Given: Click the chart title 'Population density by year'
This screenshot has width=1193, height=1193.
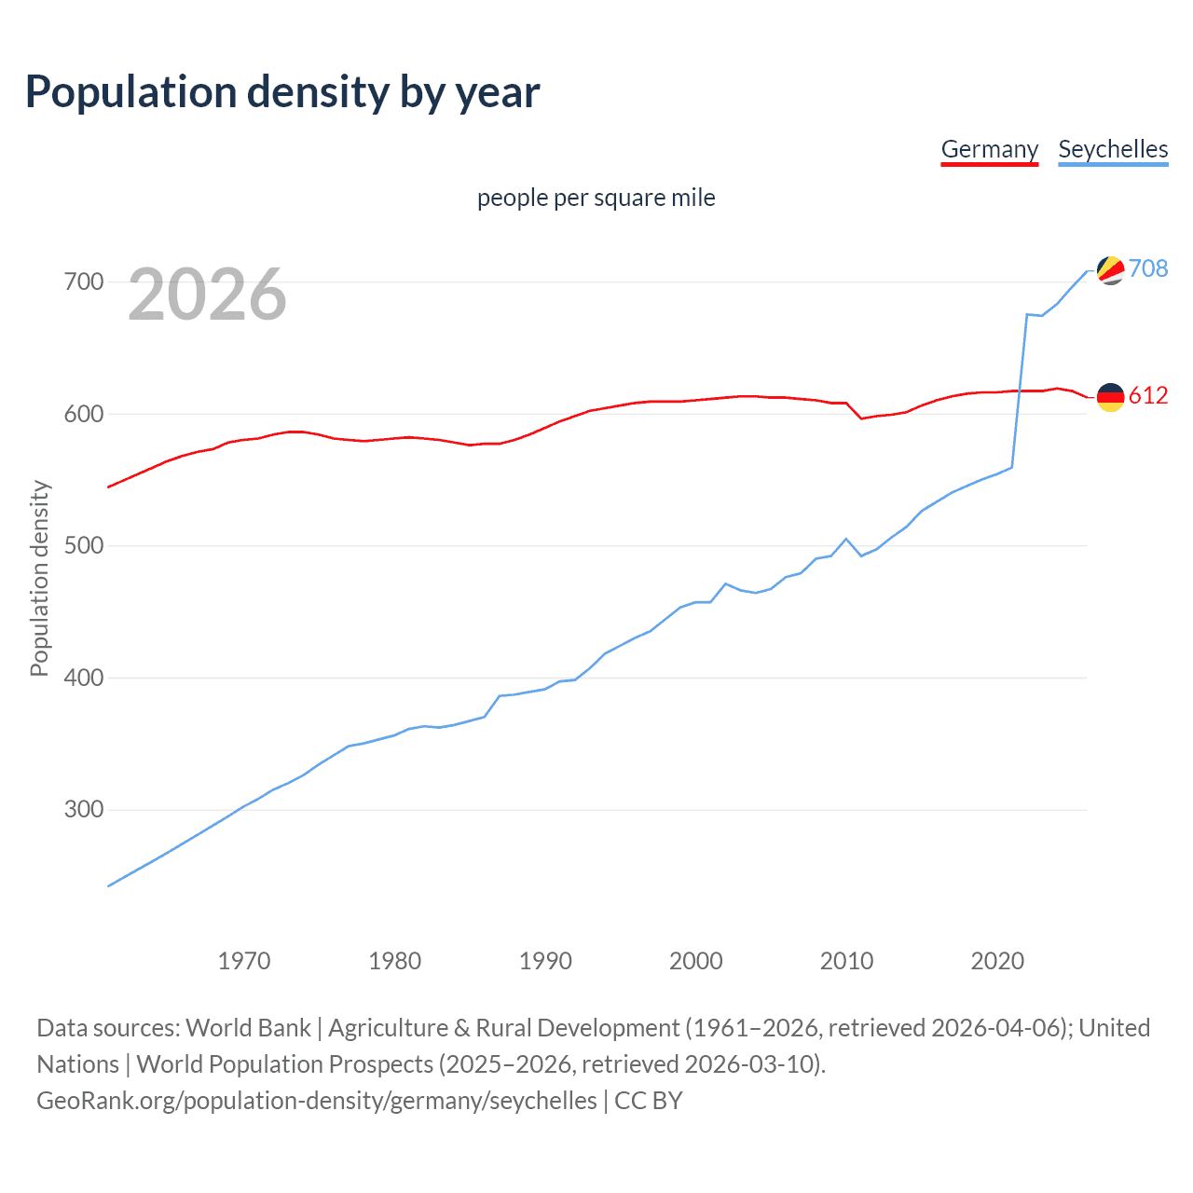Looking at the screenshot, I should (282, 91).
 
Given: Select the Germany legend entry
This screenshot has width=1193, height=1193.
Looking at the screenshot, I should (989, 149).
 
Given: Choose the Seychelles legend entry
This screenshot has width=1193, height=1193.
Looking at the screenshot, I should (1113, 149).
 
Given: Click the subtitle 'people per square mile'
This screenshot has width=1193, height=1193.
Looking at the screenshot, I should (596, 198).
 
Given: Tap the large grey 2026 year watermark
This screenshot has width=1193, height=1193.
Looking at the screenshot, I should (207, 295).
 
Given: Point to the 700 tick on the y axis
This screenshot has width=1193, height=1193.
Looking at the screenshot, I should (83, 281).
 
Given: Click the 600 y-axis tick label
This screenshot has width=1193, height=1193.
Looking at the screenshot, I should (83, 414).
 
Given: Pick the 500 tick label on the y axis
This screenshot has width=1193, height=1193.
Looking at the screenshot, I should (83, 545).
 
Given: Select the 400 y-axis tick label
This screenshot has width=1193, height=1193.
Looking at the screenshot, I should (83, 678).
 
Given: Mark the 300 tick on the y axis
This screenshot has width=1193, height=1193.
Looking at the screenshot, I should (83, 809).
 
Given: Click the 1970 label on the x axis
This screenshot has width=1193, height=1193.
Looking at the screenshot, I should (244, 961).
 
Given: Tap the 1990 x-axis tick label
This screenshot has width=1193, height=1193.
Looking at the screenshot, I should (545, 961).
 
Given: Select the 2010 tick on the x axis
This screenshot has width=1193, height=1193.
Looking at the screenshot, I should (846, 961).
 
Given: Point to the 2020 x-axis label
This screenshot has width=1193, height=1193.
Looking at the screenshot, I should (997, 961).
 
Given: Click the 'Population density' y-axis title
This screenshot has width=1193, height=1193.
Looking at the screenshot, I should (39, 578).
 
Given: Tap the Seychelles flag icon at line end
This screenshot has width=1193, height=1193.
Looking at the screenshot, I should (1110, 270).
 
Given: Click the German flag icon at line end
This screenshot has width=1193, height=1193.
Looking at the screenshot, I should (1110, 397).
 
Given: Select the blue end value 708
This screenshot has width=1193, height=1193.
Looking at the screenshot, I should (1148, 268).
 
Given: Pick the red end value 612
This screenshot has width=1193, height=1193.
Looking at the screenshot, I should (1148, 395).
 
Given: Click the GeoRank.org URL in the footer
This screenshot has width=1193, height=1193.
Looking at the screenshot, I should (317, 1101).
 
